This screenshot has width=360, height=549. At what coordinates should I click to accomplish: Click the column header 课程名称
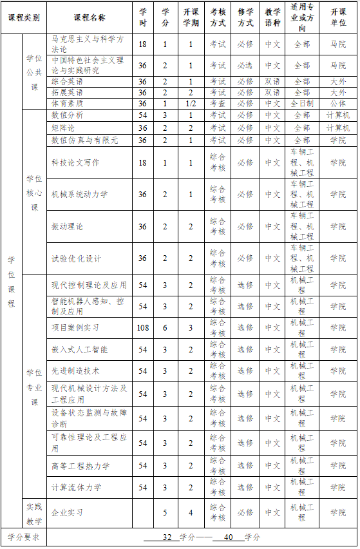pyautogui.click(x=90, y=17)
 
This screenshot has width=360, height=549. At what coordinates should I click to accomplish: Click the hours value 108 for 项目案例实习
pyautogui.click(x=143, y=327)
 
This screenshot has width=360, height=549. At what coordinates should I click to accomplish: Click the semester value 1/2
pyautogui.click(x=191, y=103)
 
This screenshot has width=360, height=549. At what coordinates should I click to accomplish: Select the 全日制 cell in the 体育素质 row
pyautogui.click(x=301, y=103)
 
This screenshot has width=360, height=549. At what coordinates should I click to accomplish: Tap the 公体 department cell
pyautogui.click(x=337, y=103)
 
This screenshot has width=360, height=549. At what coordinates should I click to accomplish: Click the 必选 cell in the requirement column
pyautogui.click(x=245, y=65)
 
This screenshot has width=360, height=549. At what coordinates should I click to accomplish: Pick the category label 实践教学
pyautogui.click(x=34, y=512)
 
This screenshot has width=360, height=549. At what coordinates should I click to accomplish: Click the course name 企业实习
pyautogui.click(x=67, y=512)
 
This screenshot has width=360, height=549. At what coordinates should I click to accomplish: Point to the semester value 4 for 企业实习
pyautogui.click(x=191, y=512)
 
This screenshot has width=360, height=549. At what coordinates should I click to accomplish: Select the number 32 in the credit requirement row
pyautogui.click(x=167, y=536)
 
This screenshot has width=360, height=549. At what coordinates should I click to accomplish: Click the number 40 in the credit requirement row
pyautogui.click(x=227, y=536)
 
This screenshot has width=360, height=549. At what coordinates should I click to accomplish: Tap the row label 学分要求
pyautogui.click(x=23, y=536)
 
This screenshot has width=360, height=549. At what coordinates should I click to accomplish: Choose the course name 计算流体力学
pyautogui.click(x=76, y=486)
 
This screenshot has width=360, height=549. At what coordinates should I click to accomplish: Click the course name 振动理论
pyautogui.click(x=67, y=227)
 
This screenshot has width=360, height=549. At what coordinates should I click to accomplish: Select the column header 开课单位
pyautogui.click(x=337, y=17)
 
